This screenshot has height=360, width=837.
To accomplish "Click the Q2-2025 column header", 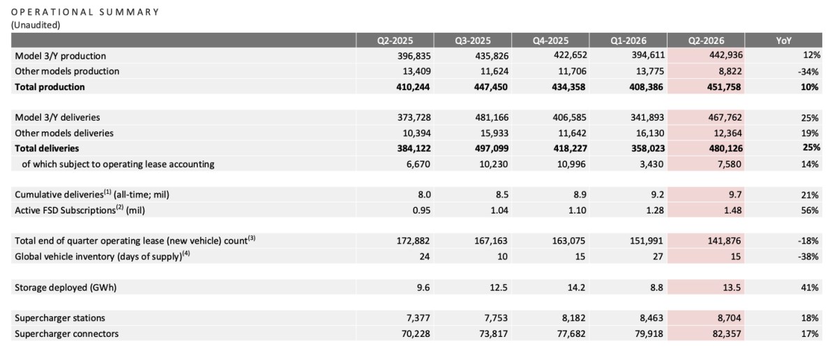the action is coord(395,40).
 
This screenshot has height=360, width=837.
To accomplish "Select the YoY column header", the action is coord(783,40).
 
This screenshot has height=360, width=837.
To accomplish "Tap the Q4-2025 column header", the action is coord(550,40).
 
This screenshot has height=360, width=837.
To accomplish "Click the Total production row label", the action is coord(50,87).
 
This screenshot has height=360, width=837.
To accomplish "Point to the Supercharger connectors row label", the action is coord(66,333).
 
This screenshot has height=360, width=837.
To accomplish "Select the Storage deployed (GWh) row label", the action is coord(66,287).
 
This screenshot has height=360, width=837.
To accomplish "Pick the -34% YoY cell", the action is coord(808,71).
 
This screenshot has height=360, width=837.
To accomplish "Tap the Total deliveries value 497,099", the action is coord(491,149).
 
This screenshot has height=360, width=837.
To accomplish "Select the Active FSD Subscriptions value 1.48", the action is coord(732,210).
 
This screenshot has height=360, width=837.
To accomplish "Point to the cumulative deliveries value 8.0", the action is coord(423,195).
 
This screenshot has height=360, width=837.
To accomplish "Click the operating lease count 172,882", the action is coord(413,241).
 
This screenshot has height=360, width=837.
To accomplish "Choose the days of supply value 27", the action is coord(658,257).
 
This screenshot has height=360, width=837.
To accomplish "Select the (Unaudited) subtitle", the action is coord(36,25).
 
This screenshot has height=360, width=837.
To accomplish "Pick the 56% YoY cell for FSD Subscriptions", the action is coord(810,210).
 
